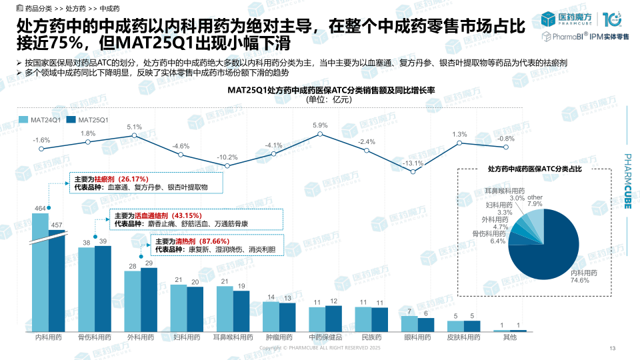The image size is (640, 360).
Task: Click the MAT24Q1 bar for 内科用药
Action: [x=40, y=273]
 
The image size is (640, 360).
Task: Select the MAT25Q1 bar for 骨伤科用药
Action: [x=103, y=288]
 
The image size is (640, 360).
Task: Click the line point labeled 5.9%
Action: [x=320, y=134]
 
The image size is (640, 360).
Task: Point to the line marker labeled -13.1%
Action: [x=412, y=172]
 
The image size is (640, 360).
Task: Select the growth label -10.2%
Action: [x=228, y=157]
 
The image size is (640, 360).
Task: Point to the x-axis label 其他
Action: [x=509, y=337]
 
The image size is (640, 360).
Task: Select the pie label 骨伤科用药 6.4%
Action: [x=489, y=237]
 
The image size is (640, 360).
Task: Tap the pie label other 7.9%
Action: [x=535, y=201]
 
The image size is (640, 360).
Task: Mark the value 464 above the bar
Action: [x=40, y=209]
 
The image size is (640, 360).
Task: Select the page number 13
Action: [x=612, y=349]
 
